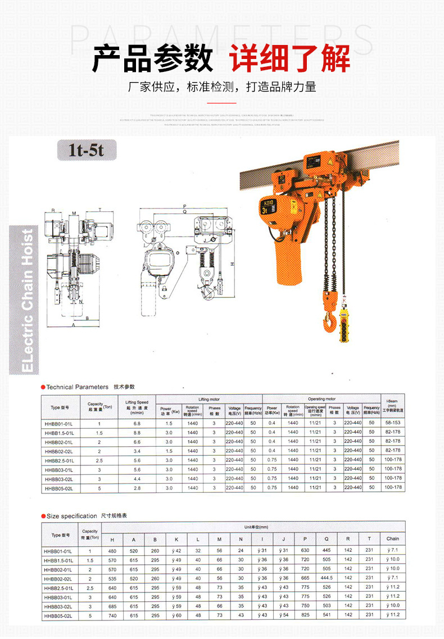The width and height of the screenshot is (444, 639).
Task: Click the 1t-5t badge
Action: point(87,150)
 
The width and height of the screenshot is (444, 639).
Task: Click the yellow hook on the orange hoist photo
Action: point(328,320)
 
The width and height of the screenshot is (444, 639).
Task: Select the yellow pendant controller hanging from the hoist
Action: point(343,327)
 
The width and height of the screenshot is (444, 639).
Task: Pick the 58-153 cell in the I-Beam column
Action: point(392,423)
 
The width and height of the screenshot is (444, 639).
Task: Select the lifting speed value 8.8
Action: point(137,432)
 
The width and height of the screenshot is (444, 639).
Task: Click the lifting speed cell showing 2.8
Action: point(137,488)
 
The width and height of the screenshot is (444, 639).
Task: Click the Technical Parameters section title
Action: point(78,387)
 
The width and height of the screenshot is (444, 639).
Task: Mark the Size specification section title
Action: point(72,515)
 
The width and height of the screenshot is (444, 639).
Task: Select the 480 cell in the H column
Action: point(112,550)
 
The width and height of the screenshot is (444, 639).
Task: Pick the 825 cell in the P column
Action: point(305,615)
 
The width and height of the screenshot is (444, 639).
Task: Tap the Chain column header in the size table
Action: point(392,538)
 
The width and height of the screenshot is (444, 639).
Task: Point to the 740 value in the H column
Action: point(112,615)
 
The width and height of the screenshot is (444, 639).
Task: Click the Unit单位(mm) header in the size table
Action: point(256,527)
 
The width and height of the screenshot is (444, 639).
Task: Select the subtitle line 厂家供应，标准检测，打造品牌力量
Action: point(222,87)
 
